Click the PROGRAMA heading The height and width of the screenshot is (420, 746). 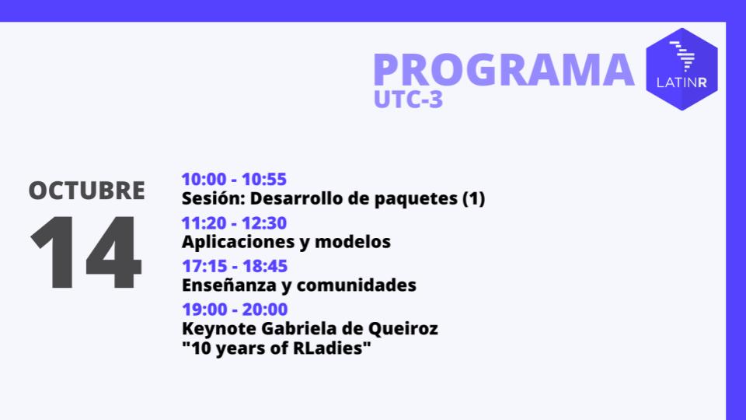point(503,69)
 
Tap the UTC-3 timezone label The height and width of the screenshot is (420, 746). point(408,100)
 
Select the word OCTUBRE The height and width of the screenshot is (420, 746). point(87,191)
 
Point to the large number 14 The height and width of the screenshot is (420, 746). point(86,254)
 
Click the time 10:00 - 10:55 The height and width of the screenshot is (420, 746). point(234,180)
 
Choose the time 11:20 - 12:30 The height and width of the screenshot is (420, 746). point(234,223)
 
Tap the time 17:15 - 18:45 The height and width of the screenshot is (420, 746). point(234,266)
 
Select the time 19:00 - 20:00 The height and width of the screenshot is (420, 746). point(234,310)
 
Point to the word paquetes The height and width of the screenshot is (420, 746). point(420,199)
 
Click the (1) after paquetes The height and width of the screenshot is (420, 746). point(473,199)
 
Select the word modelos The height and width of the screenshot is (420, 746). point(358,242)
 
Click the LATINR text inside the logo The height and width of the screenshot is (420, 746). point(682,82)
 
